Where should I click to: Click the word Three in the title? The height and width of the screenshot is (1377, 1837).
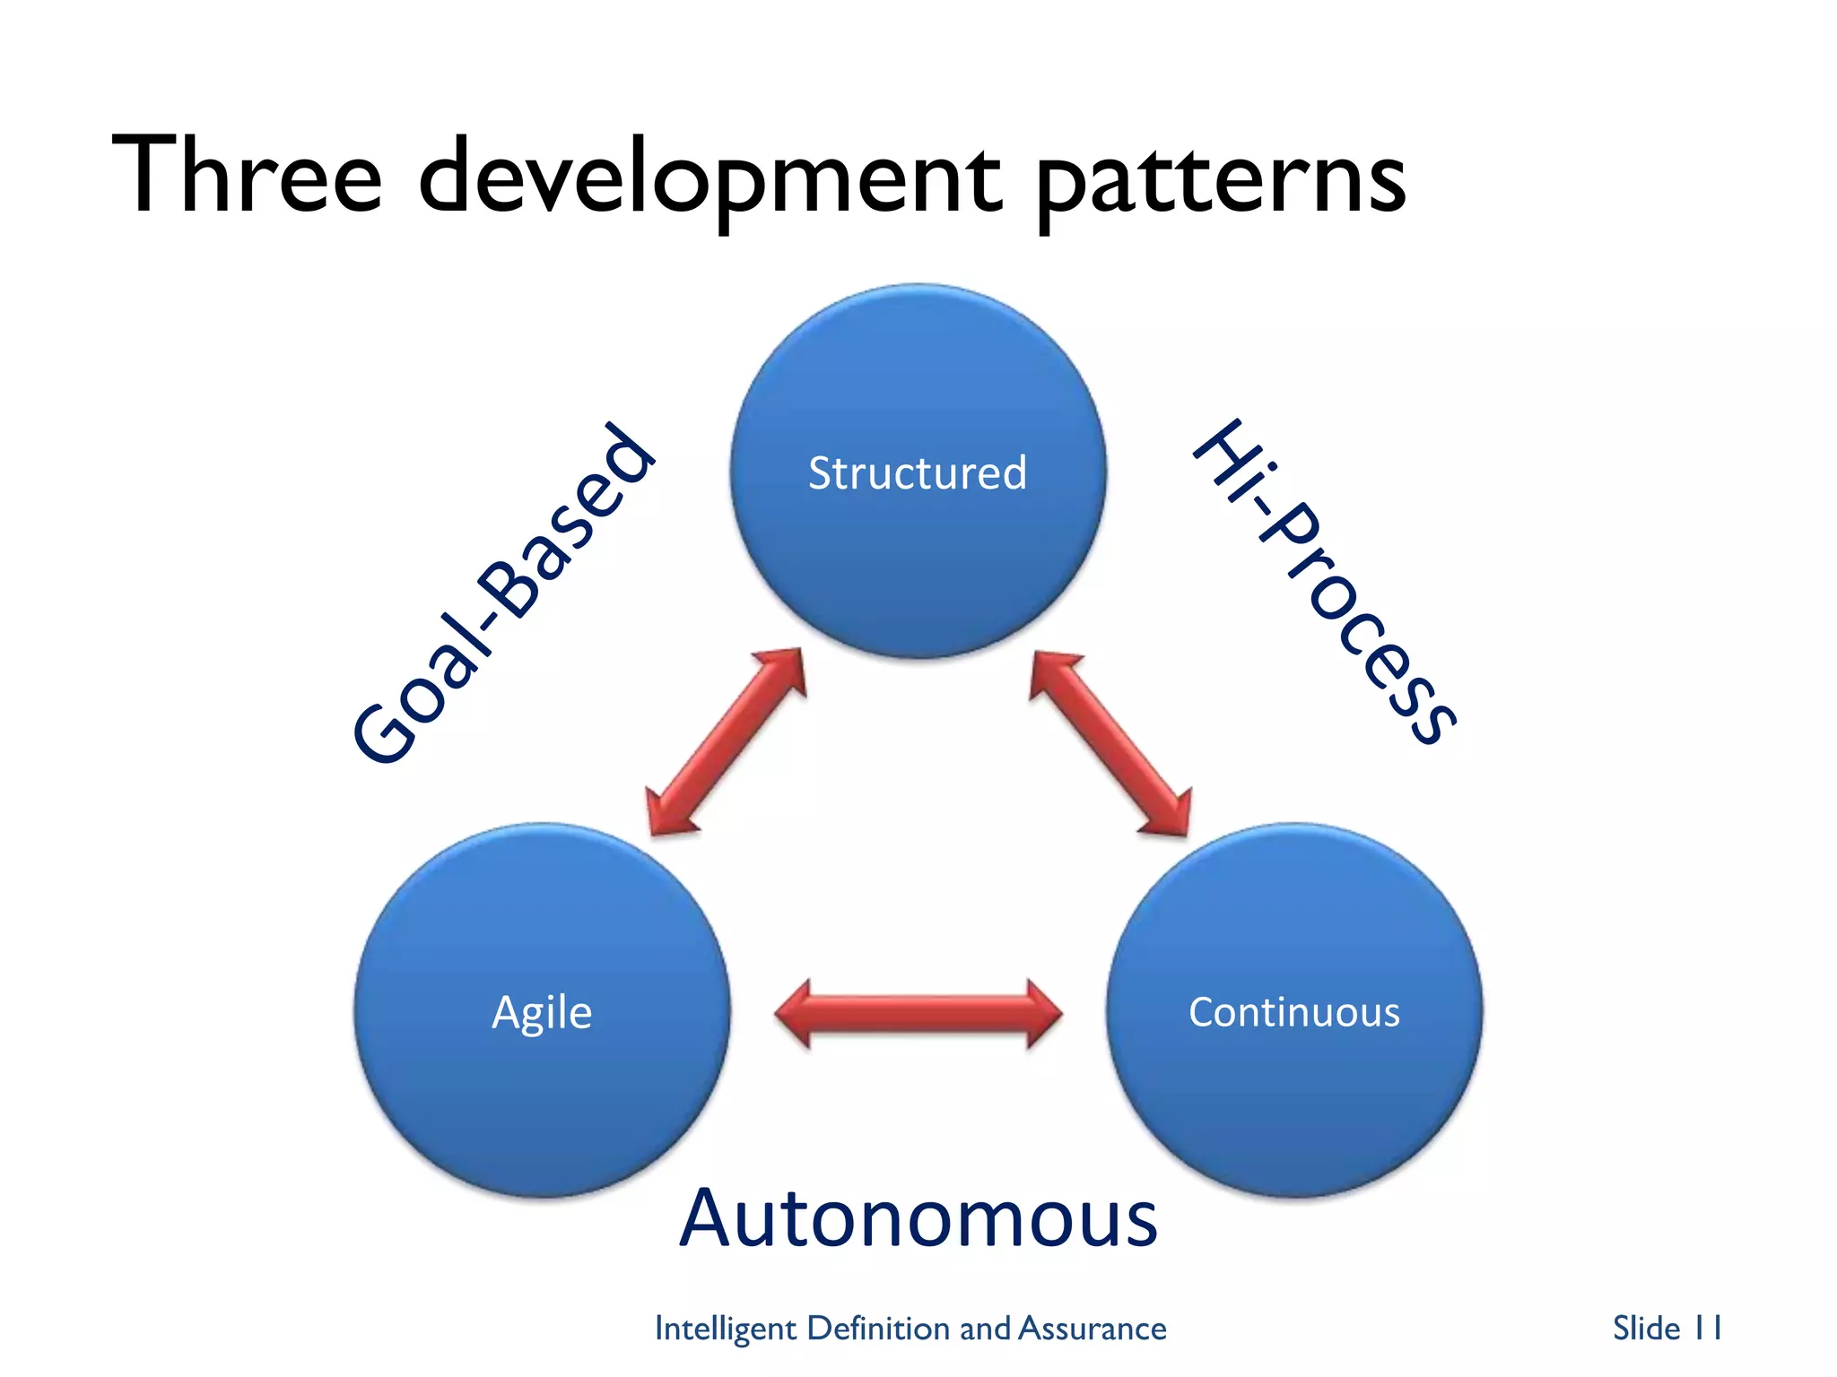point(247,175)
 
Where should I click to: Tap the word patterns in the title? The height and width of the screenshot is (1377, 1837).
point(1220,179)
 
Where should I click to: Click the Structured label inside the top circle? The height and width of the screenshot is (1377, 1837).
point(917,473)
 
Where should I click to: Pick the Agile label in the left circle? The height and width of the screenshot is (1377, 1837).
point(542,1013)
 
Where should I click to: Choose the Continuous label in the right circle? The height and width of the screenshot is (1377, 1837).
point(1293,1012)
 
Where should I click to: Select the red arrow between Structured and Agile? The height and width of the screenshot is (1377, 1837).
point(725,742)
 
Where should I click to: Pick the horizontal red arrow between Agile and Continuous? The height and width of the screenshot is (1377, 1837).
point(918,1014)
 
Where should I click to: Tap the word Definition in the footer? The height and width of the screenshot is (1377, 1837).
point(878,1328)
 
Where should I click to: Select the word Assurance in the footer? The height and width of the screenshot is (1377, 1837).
point(1093,1328)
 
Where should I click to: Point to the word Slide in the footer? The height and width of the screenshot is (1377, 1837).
point(1646,1328)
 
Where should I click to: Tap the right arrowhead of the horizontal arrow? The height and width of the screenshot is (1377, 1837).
point(1043,1014)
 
